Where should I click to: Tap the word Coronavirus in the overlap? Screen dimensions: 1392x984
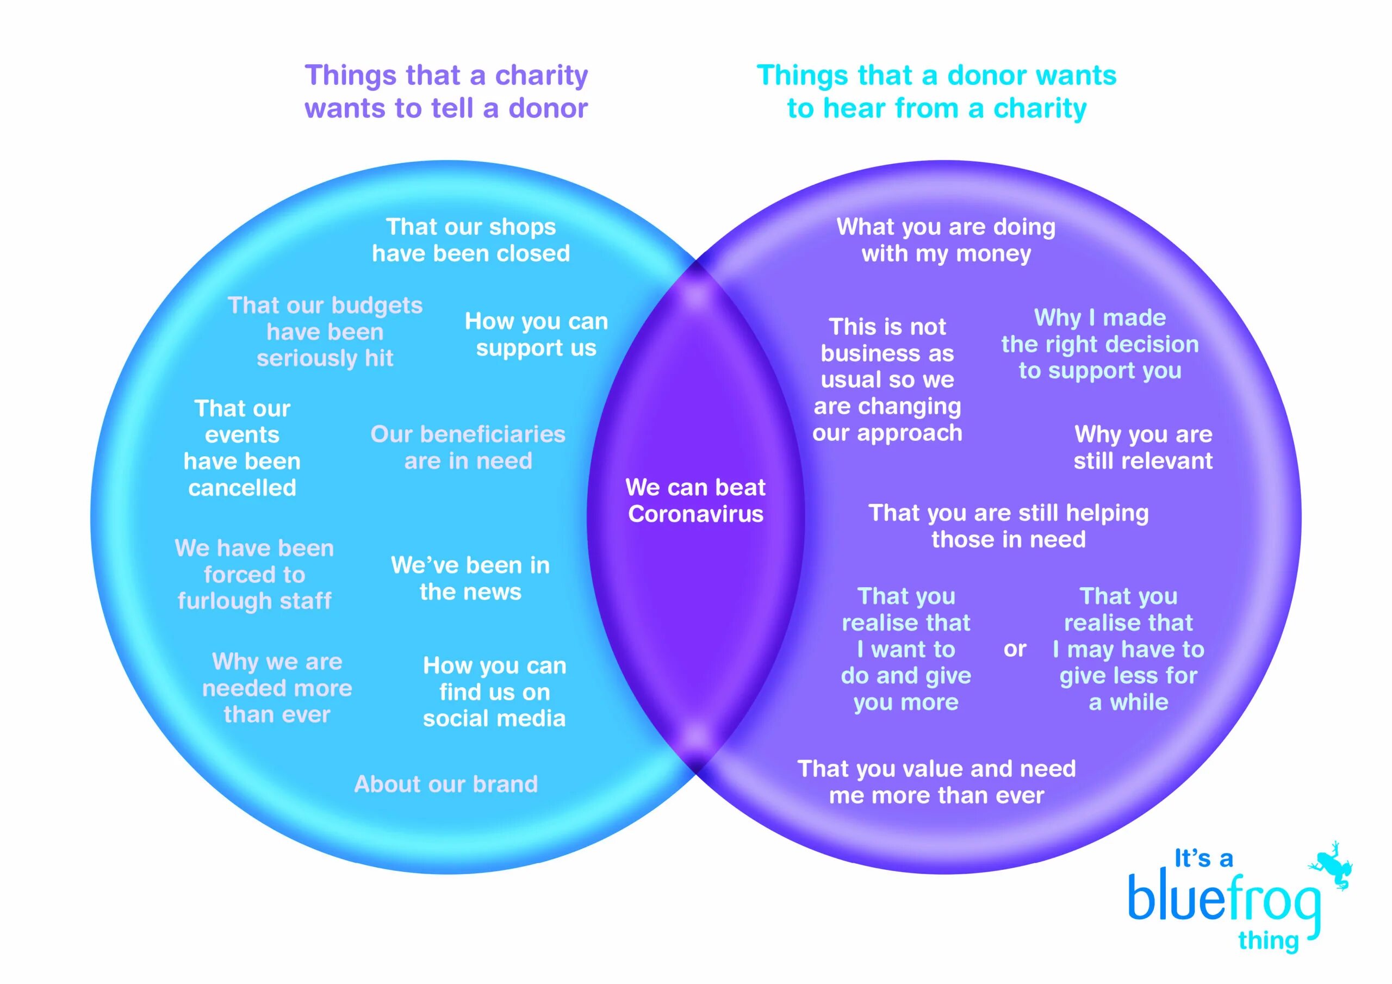point(695,514)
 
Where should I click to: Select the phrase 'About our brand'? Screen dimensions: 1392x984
point(446,784)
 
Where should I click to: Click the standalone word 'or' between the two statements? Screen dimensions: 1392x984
point(1014,649)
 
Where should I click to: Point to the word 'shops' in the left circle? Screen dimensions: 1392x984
point(523,227)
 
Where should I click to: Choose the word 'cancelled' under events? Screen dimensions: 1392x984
point(242,488)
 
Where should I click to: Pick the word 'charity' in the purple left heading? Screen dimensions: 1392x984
point(542,75)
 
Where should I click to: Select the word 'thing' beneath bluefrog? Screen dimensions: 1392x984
point(1269,941)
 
